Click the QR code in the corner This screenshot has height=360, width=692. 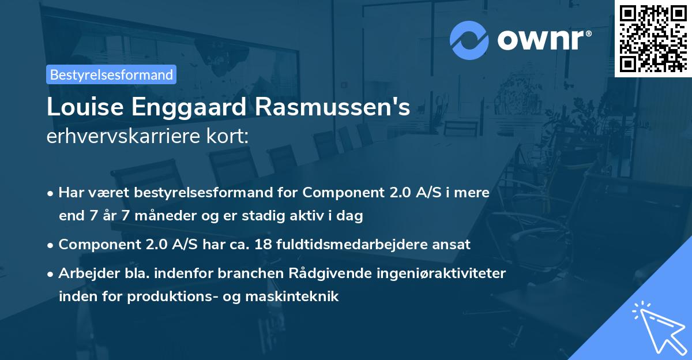[x=653, y=39]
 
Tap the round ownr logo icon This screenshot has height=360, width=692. [x=469, y=40]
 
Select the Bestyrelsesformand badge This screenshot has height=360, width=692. [x=111, y=74]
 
